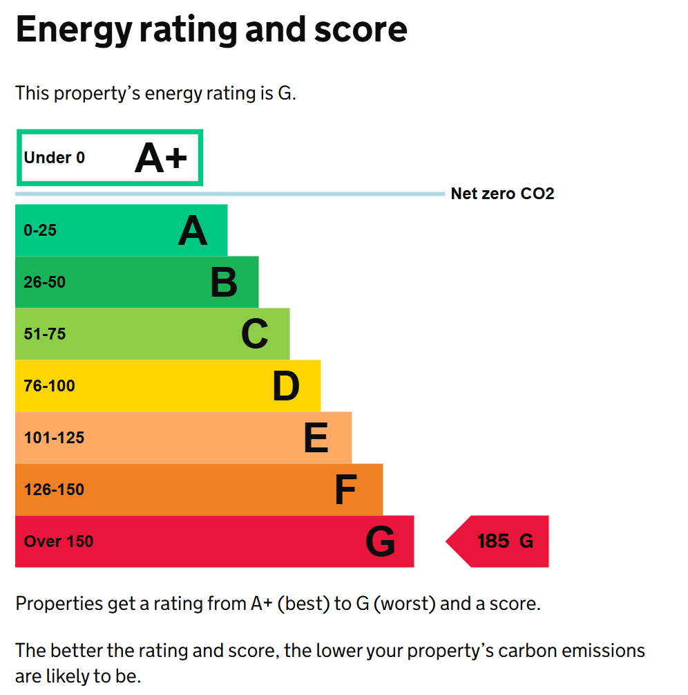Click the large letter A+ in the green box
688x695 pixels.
click(x=161, y=158)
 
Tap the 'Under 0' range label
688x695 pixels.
click(x=55, y=158)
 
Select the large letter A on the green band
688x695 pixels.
click(x=193, y=231)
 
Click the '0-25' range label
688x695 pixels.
click(x=40, y=230)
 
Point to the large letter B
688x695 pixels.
click(x=224, y=283)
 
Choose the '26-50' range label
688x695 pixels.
click(x=45, y=282)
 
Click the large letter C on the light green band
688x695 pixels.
click(x=254, y=335)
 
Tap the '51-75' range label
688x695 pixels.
click(x=45, y=334)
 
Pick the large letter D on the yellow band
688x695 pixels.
click(x=286, y=387)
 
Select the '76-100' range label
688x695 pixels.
click(x=50, y=386)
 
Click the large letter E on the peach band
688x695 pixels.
click(x=316, y=438)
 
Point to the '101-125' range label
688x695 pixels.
click(x=54, y=438)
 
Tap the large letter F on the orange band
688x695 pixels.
click(x=345, y=490)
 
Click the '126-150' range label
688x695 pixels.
click(x=54, y=490)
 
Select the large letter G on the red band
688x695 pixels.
click(x=381, y=542)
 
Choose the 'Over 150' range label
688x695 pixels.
click(x=59, y=541)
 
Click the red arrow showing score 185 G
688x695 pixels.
click(x=501, y=541)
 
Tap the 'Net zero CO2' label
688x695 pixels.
click(x=502, y=194)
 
